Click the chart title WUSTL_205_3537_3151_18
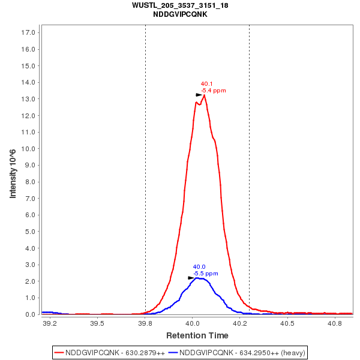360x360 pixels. [x=180, y=5]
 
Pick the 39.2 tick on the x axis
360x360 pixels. [x=50, y=324]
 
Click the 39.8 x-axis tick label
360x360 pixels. [x=145, y=324]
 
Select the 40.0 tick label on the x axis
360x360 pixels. [x=193, y=324]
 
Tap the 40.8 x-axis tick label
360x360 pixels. [x=335, y=324]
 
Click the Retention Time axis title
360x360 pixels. [x=197, y=335]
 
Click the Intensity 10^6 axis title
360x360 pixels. [x=13, y=174]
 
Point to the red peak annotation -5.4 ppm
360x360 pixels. [x=213, y=91]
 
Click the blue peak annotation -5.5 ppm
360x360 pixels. [x=206, y=274]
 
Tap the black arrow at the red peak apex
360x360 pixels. [x=199, y=95]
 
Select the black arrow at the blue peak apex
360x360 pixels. [x=191, y=278]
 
